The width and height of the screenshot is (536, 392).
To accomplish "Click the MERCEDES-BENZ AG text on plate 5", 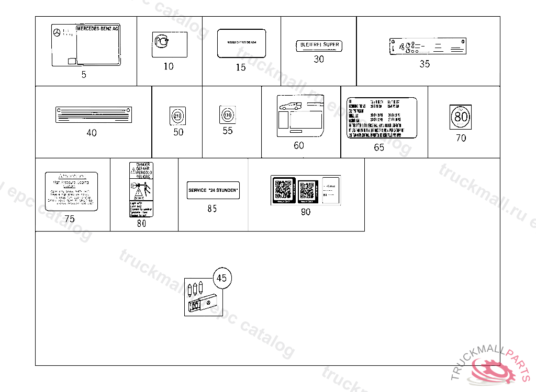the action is tap(98, 29).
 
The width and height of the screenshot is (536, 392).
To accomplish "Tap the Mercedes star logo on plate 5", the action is tap(56, 33).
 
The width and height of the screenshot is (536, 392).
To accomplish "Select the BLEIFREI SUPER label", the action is tap(318, 45).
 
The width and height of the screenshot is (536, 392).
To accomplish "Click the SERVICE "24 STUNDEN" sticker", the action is tap(214, 190).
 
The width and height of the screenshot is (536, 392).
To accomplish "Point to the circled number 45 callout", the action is tap(221, 278).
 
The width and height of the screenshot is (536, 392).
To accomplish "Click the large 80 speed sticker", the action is tap(461, 117).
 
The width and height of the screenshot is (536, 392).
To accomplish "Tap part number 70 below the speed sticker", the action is tap(461, 138).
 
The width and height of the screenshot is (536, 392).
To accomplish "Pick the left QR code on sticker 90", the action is tap(283, 190).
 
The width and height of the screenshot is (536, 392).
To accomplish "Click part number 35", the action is tap(425, 64).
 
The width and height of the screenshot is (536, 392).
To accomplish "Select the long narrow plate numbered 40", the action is tap(94, 114).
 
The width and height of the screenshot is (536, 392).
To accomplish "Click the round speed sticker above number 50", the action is tap(178, 116).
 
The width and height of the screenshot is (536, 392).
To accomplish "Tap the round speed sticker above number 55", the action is tap(227, 114).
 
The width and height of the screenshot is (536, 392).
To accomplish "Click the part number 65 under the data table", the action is tap(379, 147).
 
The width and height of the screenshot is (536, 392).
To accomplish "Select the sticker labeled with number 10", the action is tap(169, 44).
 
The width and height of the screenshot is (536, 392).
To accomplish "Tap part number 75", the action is tap(70, 220).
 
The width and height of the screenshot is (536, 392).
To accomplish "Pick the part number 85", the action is tap(212, 209).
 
